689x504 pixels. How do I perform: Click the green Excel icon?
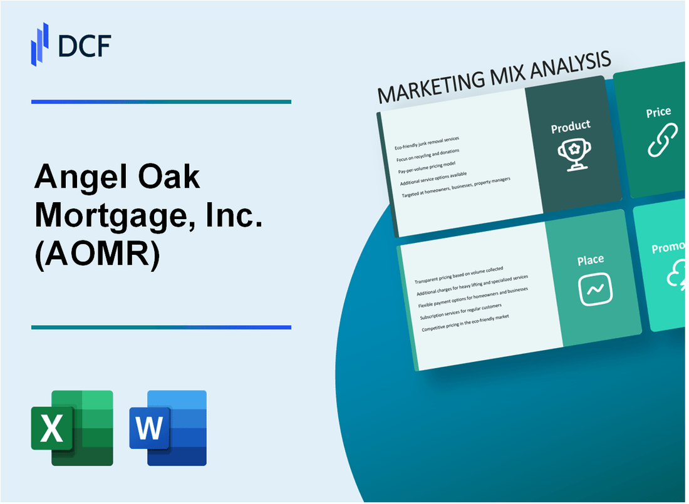[x=72, y=428]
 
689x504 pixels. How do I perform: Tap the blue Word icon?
[x=168, y=428]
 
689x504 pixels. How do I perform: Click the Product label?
[x=570, y=126]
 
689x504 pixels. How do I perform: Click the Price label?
[x=658, y=113]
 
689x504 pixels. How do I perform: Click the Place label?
[x=591, y=259]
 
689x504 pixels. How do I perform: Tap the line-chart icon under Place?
[x=595, y=289]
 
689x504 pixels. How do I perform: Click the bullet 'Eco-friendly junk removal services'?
[x=427, y=143]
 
